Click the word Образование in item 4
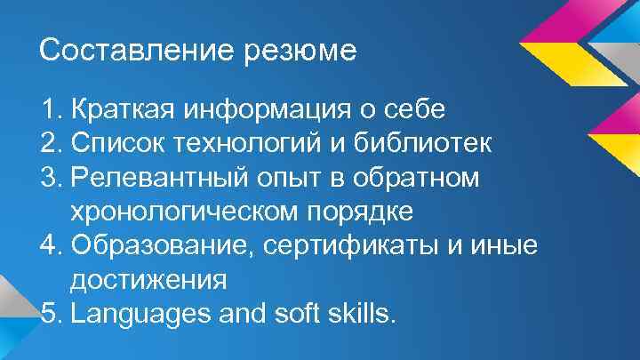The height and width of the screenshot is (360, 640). [155, 245]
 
